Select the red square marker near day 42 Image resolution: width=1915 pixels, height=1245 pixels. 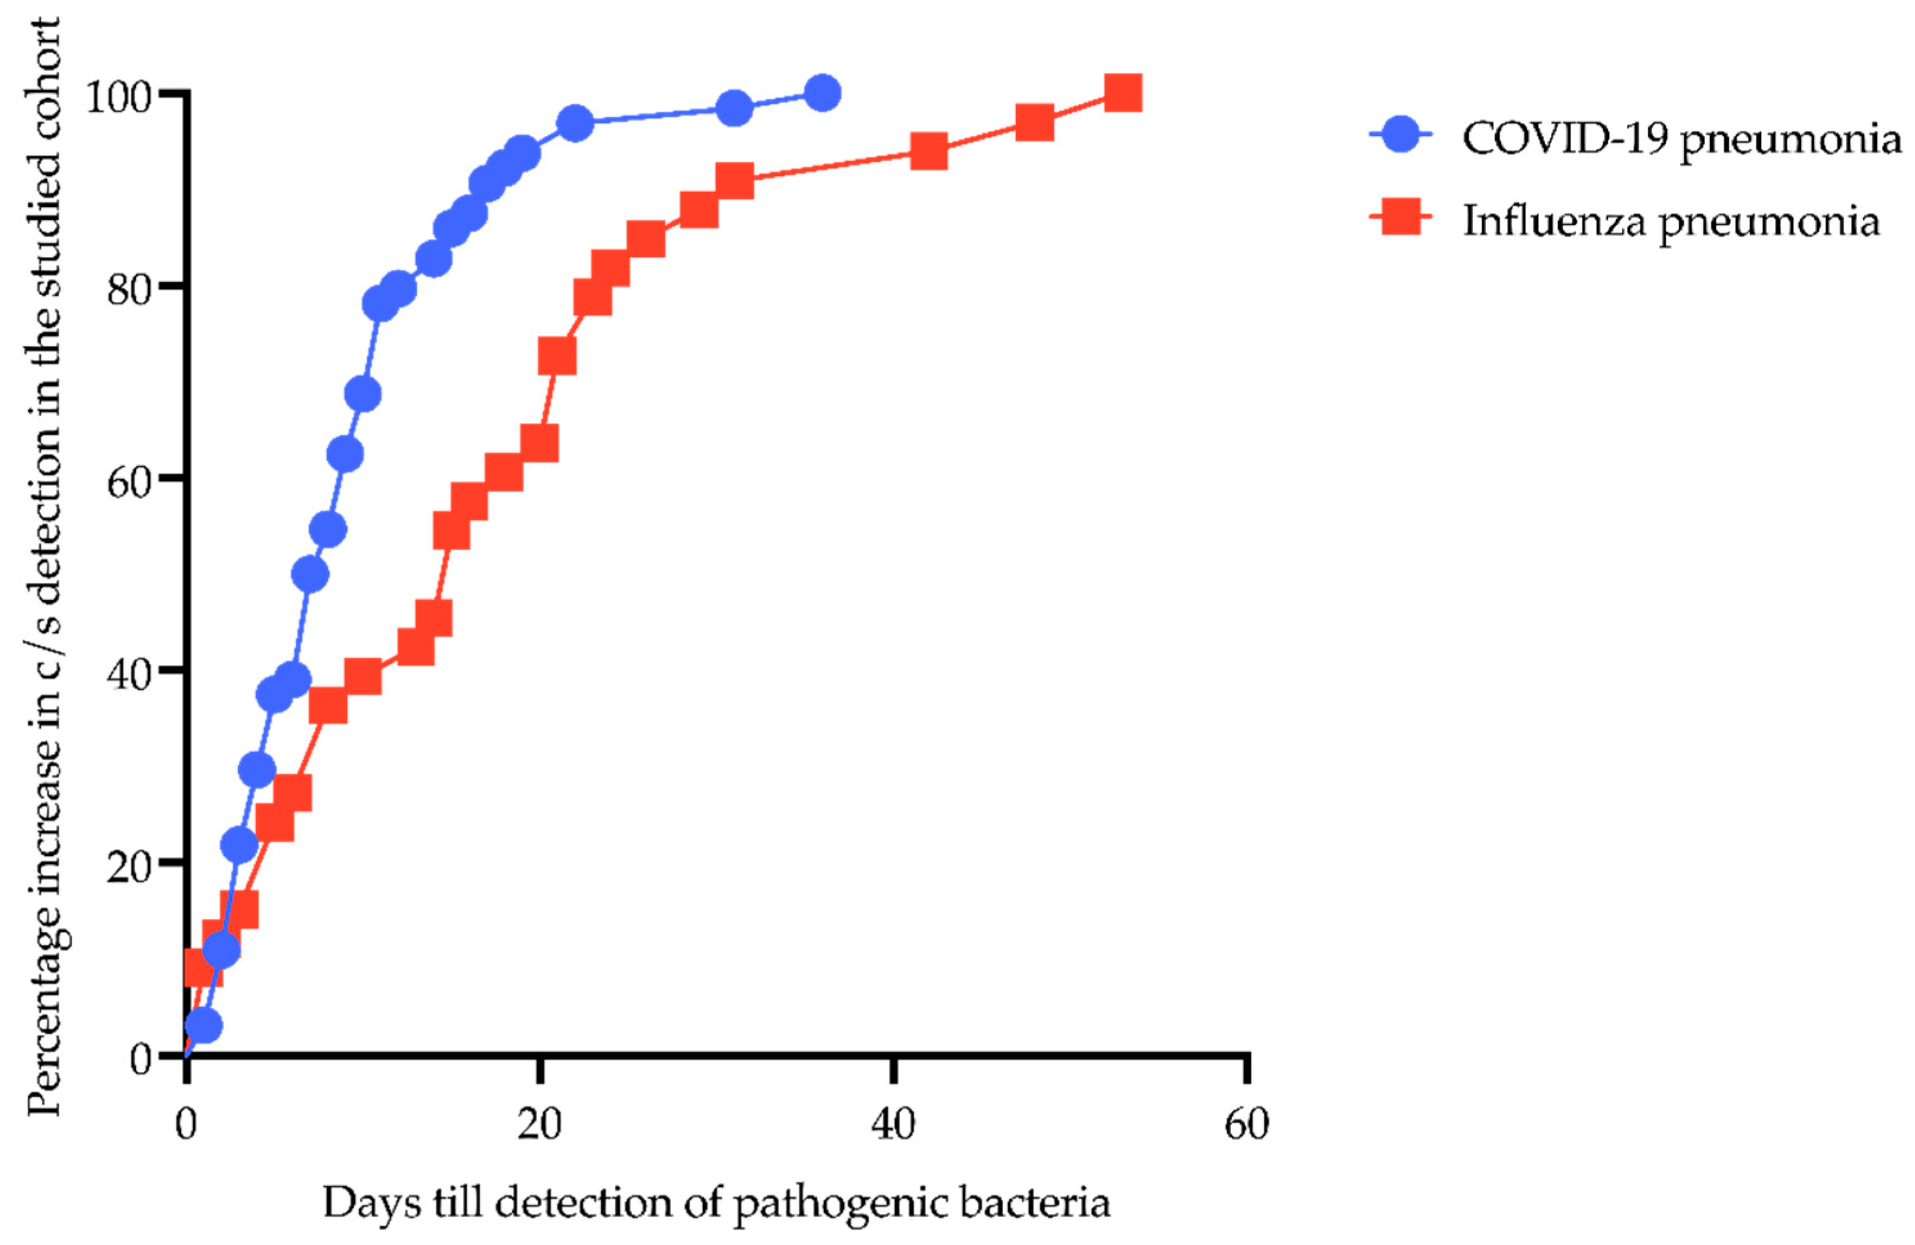[928, 151]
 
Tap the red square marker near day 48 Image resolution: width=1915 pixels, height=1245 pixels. [1035, 122]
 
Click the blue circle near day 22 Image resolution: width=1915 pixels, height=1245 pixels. [574, 123]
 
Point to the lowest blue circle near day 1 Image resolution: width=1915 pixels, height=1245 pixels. [203, 1026]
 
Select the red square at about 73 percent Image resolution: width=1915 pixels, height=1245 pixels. [557, 356]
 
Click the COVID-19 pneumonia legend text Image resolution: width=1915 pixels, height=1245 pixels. [1681, 138]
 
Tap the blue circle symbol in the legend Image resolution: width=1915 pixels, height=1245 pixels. [1401, 135]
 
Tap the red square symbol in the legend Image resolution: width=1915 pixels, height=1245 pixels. [1401, 217]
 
